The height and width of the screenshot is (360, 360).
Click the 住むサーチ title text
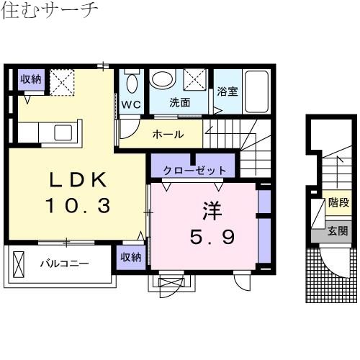click(x=49, y=12)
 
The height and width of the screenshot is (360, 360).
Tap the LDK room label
click(x=78, y=179)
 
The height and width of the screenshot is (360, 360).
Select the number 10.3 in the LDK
click(x=78, y=206)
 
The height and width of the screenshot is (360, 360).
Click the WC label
click(x=130, y=104)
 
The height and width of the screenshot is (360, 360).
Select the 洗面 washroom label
click(x=179, y=103)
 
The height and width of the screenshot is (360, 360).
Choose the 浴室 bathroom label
click(x=228, y=92)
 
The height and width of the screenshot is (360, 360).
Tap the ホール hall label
click(x=168, y=134)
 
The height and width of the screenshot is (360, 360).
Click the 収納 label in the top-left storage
click(x=30, y=78)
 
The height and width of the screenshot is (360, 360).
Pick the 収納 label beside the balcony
click(x=131, y=257)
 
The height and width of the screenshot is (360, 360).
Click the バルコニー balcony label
click(x=63, y=264)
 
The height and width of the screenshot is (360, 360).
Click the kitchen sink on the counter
click(x=60, y=132)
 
